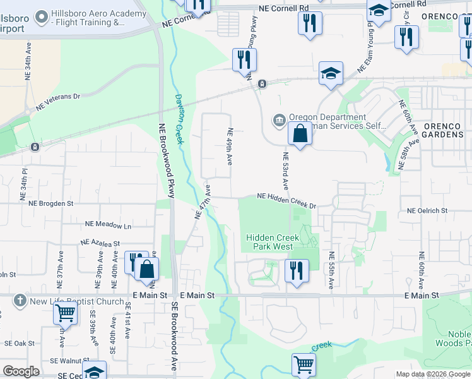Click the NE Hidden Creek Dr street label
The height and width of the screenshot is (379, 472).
pos(286,199)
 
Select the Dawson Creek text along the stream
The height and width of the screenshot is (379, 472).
pos(179,119)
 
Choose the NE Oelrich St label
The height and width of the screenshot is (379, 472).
pos(427,210)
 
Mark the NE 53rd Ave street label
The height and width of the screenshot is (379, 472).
pos(285,171)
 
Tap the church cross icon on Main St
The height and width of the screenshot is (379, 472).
pos(20,301)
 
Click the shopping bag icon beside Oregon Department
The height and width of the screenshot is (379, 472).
pos(300,134)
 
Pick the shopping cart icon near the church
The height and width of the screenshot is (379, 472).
pos(65,312)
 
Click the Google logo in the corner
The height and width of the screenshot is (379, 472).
pos(21,371)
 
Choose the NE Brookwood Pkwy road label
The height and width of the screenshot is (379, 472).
pos(165,160)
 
